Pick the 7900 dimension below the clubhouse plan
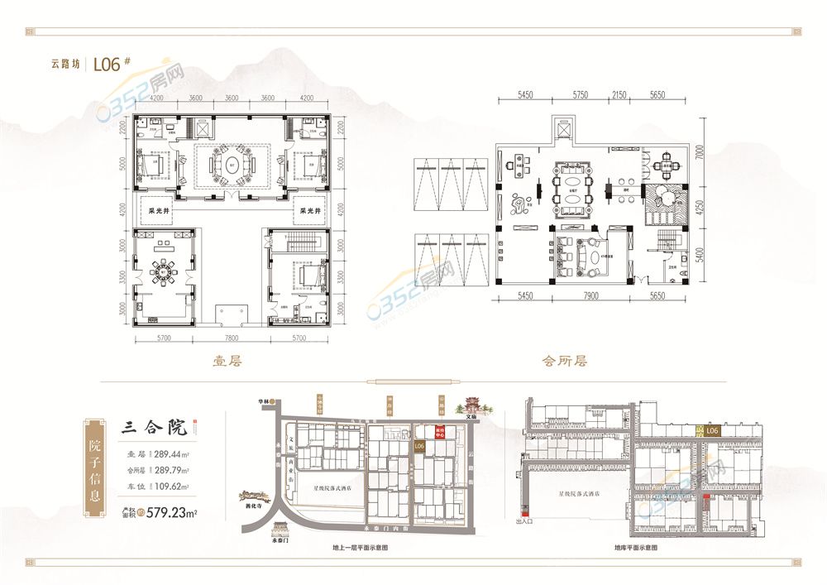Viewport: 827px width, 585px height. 590,295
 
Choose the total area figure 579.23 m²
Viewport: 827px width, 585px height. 177,512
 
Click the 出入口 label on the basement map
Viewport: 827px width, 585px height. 525,521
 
